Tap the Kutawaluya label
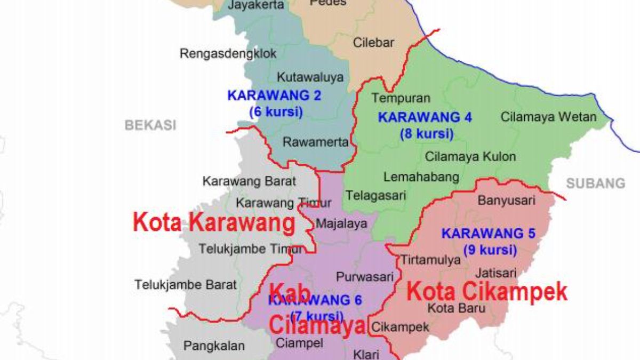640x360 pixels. point(310,77)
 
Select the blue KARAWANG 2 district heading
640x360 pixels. point(274,95)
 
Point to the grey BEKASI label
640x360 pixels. point(150,125)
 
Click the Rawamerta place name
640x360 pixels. point(316,142)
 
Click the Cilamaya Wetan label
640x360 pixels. point(549,117)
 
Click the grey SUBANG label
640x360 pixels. point(595,184)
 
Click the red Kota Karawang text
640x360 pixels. point(214,222)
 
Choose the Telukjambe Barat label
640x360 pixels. point(186,284)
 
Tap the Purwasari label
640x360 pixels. point(365,277)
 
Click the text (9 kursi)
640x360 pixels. point(490,250)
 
